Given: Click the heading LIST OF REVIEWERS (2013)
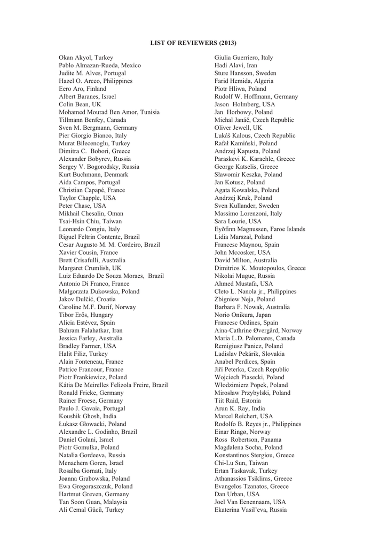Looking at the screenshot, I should pyautogui.click(x=193, y=42).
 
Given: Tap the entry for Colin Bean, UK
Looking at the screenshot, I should pyautogui.click(x=80, y=105).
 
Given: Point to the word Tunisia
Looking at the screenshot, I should pyautogui.click(x=149, y=112).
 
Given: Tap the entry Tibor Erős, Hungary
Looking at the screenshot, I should pyautogui.click(x=86, y=315).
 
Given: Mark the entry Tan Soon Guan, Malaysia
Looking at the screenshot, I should pyautogui.click(x=93, y=502).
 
